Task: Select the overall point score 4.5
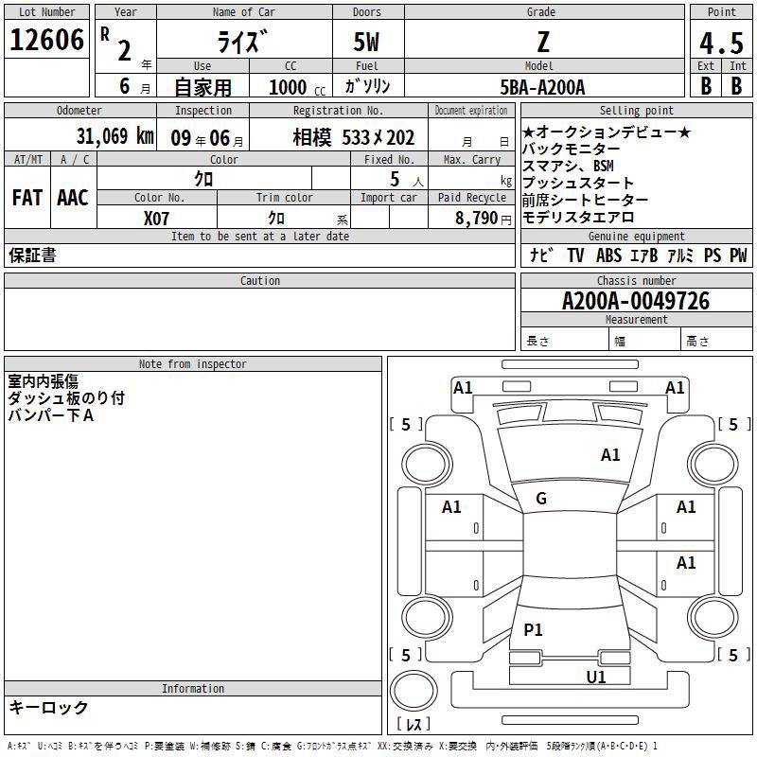tap(721, 44)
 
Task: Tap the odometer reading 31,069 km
tap(114, 136)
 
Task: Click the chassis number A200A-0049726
tap(636, 301)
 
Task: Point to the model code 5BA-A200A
tap(542, 87)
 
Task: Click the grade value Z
tap(542, 42)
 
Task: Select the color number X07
tap(156, 218)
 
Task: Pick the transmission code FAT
tap(26, 197)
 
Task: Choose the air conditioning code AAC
tap(72, 197)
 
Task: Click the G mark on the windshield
tap(541, 499)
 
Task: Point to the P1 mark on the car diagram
tap(534, 629)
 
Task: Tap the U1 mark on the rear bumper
tap(596, 677)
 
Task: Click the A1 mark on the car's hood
tap(610, 455)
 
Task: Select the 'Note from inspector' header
tap(192, 364)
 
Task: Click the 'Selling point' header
tap(636, 111)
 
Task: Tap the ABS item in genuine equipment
tap(608, 255)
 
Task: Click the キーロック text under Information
tap(48, 708)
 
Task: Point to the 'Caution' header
tap(259, 281)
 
